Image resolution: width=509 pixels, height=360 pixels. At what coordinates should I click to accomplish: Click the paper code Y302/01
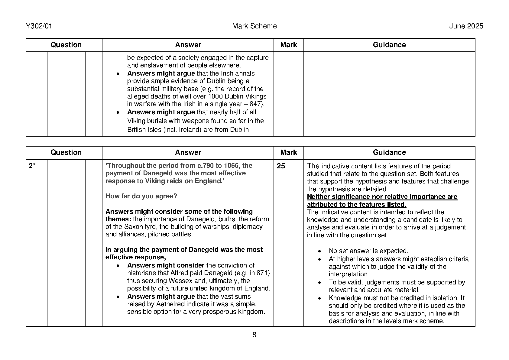39,26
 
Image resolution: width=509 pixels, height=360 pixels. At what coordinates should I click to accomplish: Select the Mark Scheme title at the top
254,26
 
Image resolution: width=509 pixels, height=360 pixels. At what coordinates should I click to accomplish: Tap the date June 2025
466,26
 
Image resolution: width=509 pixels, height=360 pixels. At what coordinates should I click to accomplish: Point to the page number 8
254,335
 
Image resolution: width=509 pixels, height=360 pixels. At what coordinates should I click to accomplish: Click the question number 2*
32,166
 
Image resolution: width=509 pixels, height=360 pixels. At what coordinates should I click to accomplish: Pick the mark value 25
281,166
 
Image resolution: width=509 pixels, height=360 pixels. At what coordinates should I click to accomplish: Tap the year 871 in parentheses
262,273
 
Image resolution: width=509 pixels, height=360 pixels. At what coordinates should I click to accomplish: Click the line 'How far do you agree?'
141,196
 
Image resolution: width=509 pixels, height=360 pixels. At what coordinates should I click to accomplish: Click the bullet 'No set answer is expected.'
368,251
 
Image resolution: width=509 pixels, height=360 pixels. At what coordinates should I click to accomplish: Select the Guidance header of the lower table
389,152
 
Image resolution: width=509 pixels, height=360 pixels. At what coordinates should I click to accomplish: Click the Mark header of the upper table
288,45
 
